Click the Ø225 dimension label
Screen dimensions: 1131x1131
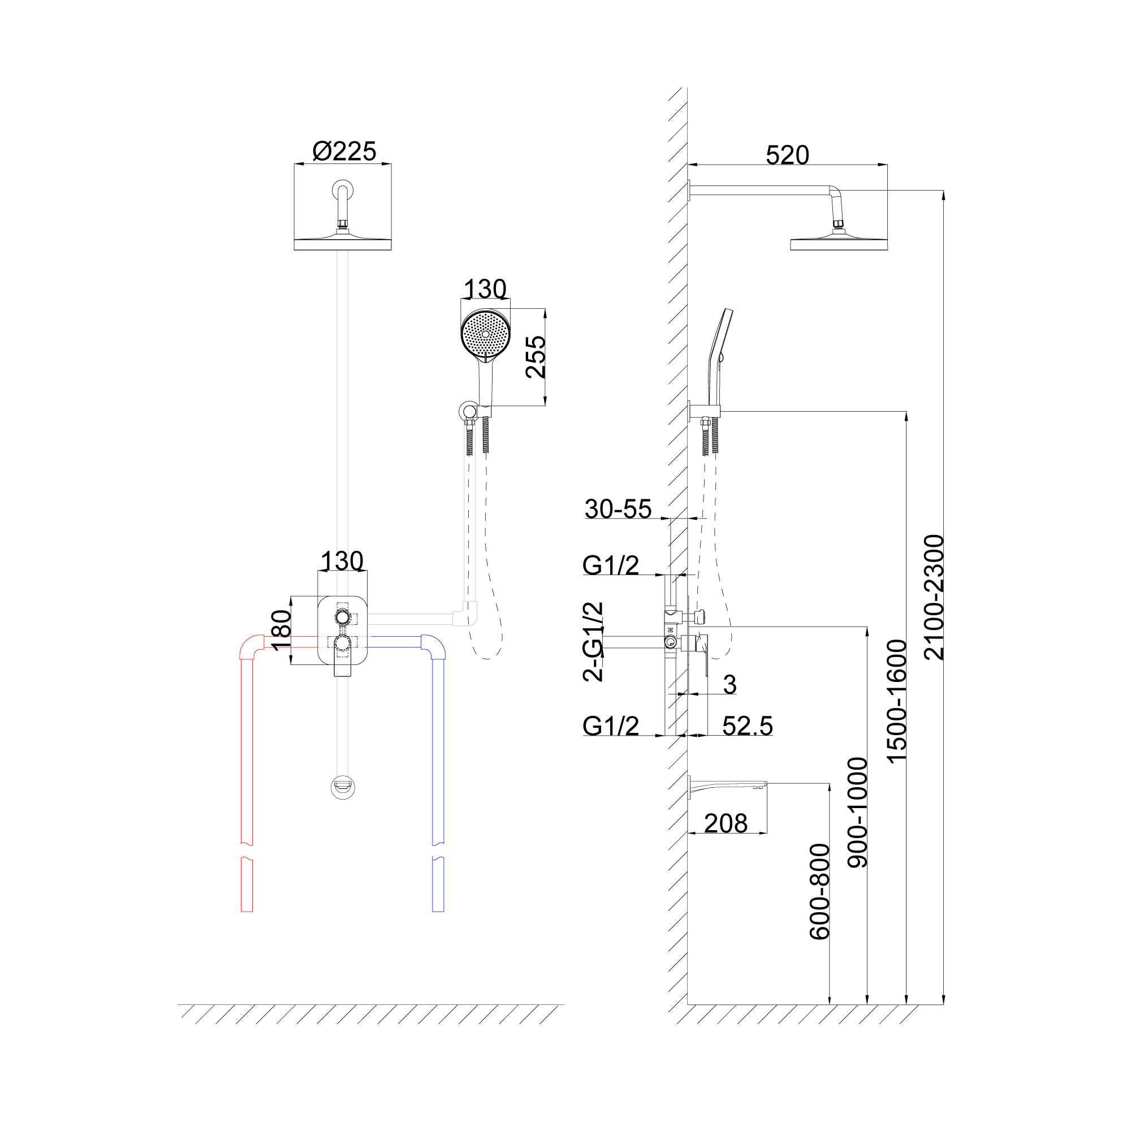tap(344, 152)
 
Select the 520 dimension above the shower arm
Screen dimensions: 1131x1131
tap(787, 156)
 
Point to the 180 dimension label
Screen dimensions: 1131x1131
tap(282, 630)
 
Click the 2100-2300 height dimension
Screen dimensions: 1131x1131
tap(934, 597)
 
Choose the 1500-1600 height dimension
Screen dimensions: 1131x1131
tap(896, 701)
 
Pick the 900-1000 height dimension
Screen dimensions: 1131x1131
tap(858, 813)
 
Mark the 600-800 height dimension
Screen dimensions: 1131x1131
tap(819, 892)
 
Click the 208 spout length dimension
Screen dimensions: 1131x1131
tap(726, 824)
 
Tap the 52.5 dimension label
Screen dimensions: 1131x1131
tap(748, 726)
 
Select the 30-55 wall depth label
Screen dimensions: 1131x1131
tap(618, 510)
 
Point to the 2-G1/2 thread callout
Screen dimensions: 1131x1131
tap(594, 642)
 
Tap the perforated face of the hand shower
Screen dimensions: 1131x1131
tap(485, 334)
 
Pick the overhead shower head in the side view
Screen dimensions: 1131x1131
tap(839, 243)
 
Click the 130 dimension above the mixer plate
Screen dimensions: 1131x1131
tap(343, 562)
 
